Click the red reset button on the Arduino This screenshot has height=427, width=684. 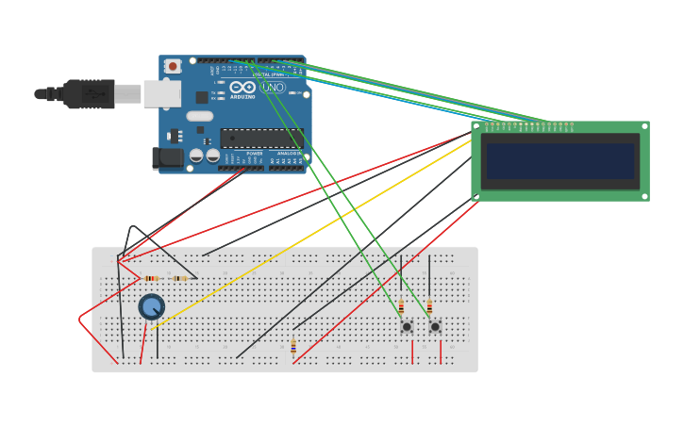tap(173, 66)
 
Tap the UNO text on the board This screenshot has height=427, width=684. tap(273, 88)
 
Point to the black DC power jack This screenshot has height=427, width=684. tap(168, 157)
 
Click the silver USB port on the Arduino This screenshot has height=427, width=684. tap(162, 93)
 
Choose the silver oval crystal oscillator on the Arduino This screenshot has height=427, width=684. tap(200, 116)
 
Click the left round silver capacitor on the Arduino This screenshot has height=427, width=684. tap(196, 155)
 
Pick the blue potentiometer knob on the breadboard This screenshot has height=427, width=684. tap(151, 306)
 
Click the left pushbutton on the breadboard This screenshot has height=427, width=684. tap(407, 326)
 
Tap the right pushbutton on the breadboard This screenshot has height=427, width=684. tap(435, 326)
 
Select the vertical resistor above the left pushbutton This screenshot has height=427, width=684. tap(401, 306)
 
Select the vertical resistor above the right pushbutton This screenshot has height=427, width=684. tap(429, 306)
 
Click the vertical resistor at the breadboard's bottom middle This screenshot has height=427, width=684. tap(293, 346)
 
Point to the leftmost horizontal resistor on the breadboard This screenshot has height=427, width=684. tap(153, 278)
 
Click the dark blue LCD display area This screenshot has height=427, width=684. tap(560, 160)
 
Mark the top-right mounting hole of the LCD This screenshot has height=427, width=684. tap(644, 125)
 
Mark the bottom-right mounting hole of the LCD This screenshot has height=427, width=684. tap(644, 196)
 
